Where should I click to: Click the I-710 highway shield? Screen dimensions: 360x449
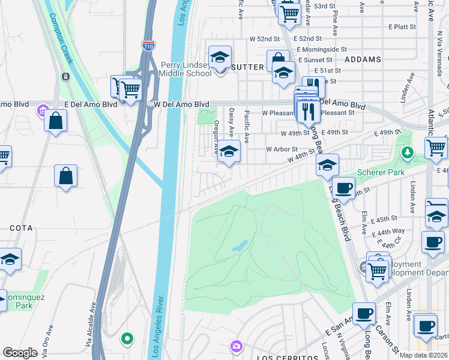148,44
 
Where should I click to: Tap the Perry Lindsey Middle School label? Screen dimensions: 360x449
185,69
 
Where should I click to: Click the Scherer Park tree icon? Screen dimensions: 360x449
408,152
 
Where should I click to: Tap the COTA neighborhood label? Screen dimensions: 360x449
20,229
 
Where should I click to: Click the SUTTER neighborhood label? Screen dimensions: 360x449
247,67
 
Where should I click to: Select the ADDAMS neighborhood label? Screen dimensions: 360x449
363,59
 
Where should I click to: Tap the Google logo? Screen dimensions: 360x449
20,352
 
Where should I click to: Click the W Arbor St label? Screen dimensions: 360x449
282,149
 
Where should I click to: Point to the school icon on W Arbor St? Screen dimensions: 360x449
228,151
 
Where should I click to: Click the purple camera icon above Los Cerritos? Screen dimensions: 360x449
237,346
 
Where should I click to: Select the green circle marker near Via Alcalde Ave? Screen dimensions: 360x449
127,338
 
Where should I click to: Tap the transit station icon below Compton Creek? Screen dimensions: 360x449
65,77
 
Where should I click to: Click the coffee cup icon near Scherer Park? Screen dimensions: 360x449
343,188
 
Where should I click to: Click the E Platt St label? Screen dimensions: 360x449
402,27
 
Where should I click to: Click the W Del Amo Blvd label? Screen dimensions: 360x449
181,104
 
